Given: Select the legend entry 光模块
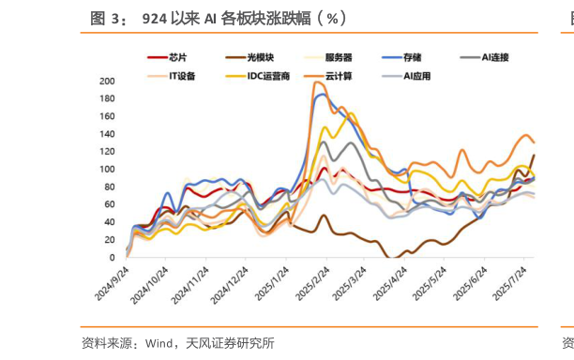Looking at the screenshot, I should [258, 58].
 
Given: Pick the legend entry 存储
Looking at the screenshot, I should [412, 58].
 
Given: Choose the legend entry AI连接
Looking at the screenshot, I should [494, 58].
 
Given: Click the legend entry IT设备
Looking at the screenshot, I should [182, 75].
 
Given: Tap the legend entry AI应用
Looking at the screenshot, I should [416, 75].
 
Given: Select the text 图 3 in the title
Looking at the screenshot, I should [104, 17].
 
